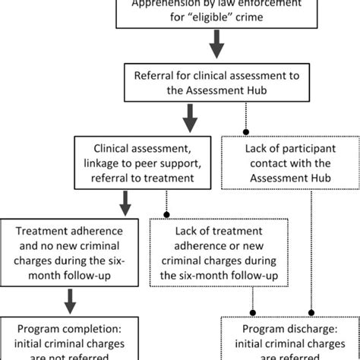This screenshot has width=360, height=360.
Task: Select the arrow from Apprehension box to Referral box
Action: [x=216, y=49]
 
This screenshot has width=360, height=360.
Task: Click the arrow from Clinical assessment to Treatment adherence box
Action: [x=123, y=202]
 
